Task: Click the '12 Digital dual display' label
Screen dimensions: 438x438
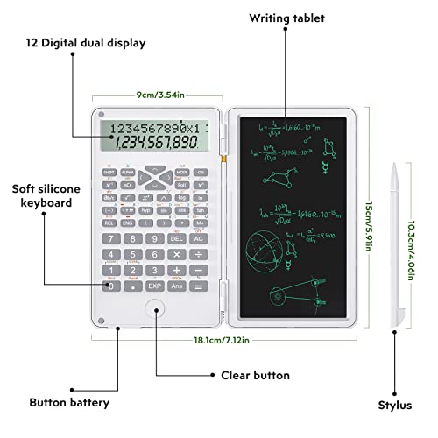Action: (85, 42)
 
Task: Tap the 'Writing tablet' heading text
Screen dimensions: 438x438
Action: (286, 18)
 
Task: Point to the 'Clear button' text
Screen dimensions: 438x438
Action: (255, 375)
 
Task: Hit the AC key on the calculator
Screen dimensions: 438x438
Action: (198, 237)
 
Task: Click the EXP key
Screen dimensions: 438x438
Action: (154, 286)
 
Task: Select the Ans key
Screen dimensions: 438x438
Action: (176, 286)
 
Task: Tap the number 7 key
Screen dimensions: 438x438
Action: (110, 237)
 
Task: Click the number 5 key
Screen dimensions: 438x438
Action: (132, 254)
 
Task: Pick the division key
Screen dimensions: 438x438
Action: (198, 254)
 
